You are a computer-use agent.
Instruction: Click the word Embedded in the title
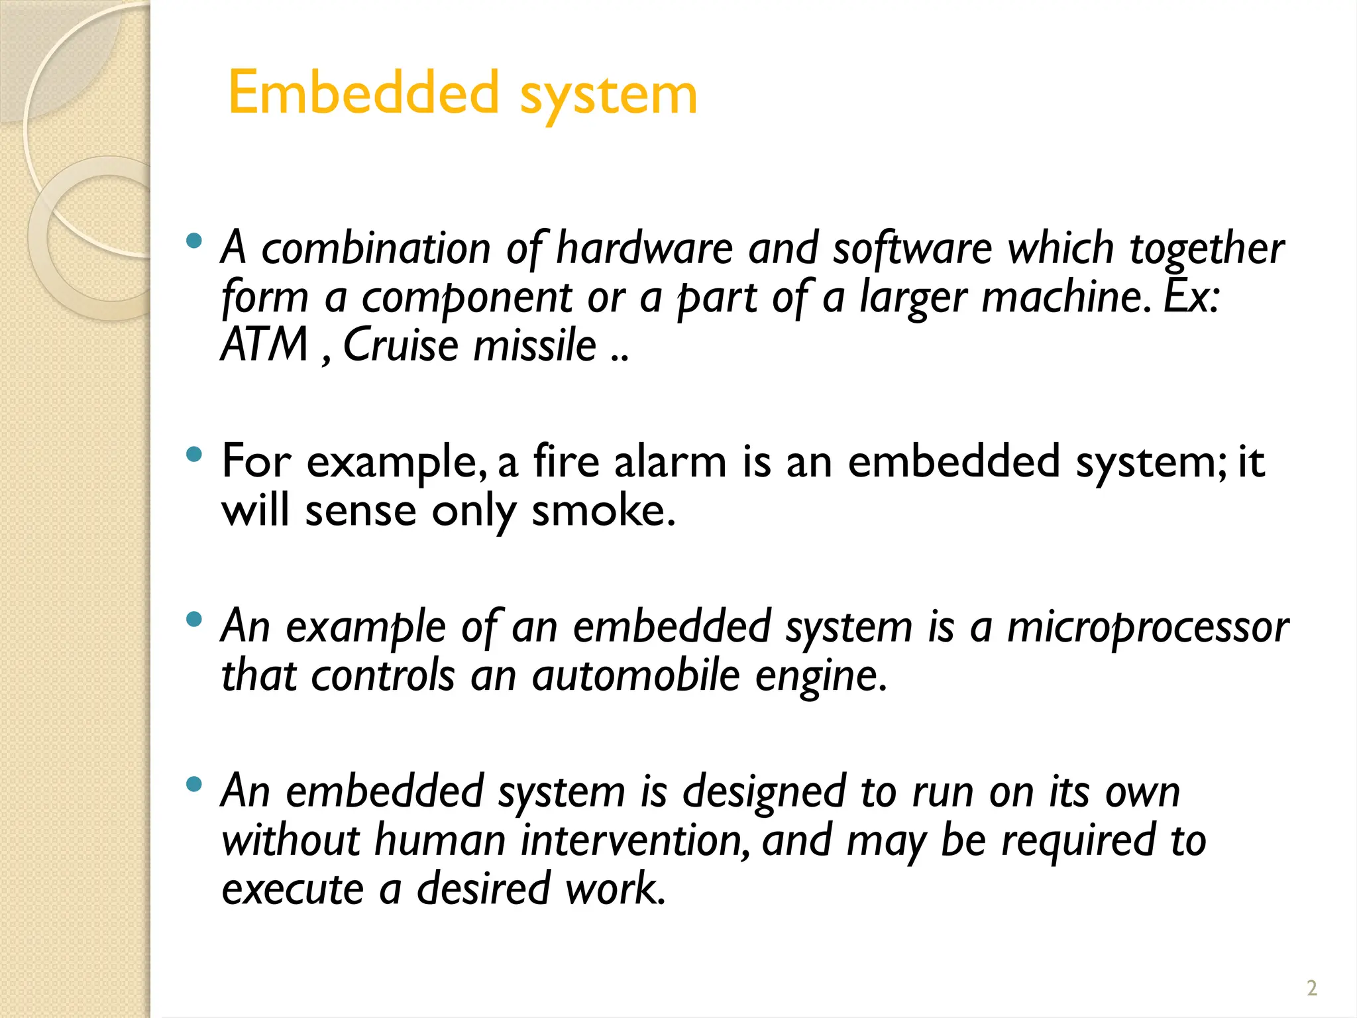point(363,93)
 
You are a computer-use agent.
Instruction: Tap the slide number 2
point(1311,988)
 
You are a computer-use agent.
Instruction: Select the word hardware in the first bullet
point(644,249)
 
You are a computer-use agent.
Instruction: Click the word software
point(912,249)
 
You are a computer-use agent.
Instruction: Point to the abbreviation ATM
point(265,345)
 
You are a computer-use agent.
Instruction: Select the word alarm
point(670,462)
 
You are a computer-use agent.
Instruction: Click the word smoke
point(603,511)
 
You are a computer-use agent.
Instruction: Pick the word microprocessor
point(1148,627)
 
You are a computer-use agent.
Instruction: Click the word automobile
point(635,676)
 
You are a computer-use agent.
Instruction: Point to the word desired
point(483,889)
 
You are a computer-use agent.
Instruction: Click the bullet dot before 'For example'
point(193,455)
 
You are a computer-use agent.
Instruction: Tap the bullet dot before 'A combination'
point(193,241)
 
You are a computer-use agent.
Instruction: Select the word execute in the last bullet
point(292,889)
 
